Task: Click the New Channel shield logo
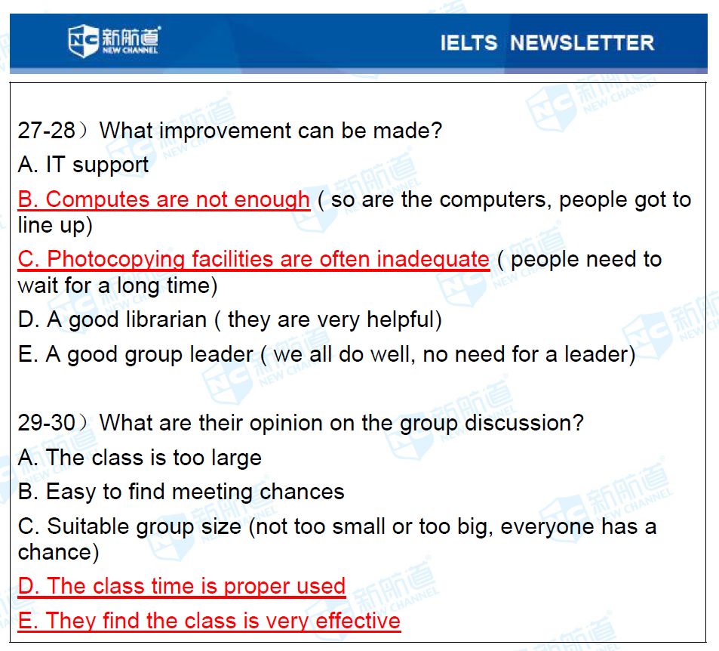tap(83, 41)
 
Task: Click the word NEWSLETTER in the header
tap(582, 43)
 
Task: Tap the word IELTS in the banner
tap(469, 43)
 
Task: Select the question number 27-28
tap(46, 131)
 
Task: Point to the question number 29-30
tap(46, 422)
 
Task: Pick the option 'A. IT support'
tap(84, 165)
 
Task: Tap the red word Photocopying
tap(115, 260)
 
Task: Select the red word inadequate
tap(433, 260)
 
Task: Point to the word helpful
tap(401, 319)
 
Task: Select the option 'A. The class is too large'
tap(140, 458)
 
